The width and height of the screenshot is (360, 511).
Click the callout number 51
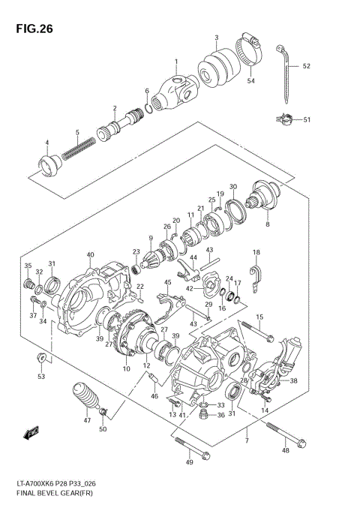click(307, 119)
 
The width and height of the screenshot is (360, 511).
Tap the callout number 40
click(89, 255)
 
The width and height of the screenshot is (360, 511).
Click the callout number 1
click(177, 62)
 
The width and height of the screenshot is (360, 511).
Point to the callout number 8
click(267, 224)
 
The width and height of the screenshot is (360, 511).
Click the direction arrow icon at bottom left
click(31, 432)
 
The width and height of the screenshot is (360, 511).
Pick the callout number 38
click(293, 380)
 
